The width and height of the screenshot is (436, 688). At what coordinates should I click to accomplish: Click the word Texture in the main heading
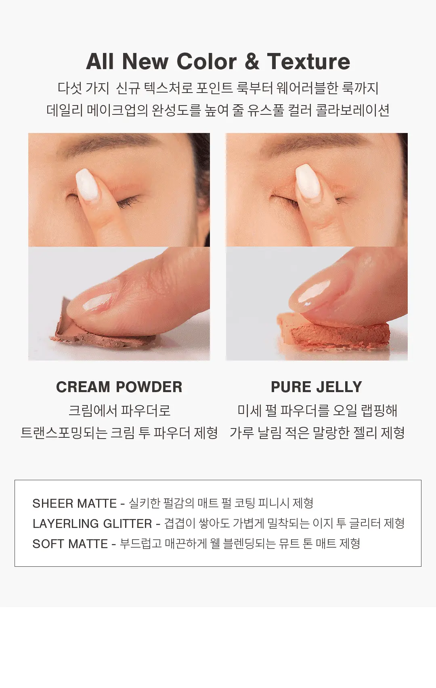pyautogui.click(x=308, y=61)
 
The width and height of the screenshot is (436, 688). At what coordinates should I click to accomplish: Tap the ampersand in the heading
pyautogui.click(x=252, y=61)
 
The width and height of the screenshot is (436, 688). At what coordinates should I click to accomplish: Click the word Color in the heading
pyautogui.click(x=206, y=61)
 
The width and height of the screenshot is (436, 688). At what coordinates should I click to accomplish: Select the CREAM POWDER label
pyautogui.click(x=119, y=387)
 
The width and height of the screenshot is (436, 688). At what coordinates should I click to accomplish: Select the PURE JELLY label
pyautogui.click(x=317, y=387)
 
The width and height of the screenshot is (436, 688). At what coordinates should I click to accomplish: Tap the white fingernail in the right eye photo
pyautogui.click(x=308, y=180)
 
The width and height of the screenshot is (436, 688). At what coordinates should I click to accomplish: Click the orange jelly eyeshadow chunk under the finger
pyautogui.click(x=334, y=333)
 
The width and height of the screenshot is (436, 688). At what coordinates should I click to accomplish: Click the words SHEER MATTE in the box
pyautogui.click(x=75, y=503)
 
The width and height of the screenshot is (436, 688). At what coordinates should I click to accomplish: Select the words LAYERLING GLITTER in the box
pyautogui.click(x=92, y=523)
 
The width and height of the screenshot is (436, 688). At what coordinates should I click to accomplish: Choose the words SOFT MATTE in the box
pyautogui.click(x=70, y=544)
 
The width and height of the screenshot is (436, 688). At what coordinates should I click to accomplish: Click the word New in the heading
pyautogui.click(x=145, y=61)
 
